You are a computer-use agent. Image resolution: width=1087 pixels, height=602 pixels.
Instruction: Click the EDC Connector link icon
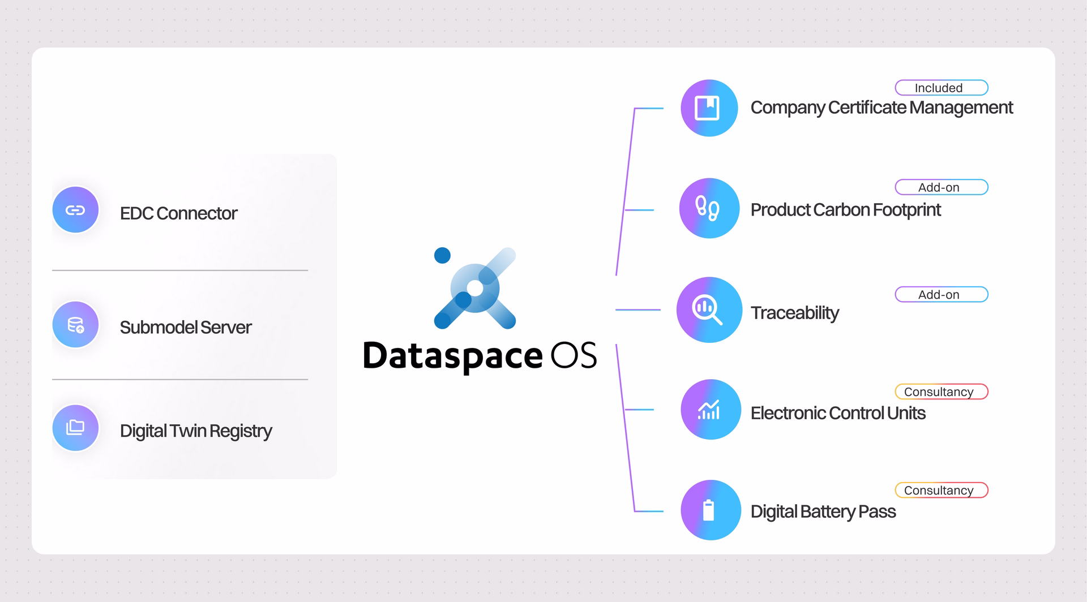(75, 210)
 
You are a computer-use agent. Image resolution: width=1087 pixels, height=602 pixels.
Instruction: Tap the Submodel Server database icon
(75, 325)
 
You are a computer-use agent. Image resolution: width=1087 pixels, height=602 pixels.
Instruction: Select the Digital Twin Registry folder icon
(75, 428)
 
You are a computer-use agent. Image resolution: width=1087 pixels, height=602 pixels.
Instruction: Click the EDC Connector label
(178, 213)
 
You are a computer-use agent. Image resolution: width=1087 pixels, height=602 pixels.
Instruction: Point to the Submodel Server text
(186, 328)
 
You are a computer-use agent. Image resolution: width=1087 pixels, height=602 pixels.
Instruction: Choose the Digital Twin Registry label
(196, 431)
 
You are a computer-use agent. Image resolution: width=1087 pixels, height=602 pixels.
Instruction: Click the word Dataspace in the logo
(452, 356)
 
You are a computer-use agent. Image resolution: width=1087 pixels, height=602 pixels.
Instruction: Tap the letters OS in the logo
(574, 355)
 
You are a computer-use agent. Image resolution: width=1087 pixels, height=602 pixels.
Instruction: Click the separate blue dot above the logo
(442, 256)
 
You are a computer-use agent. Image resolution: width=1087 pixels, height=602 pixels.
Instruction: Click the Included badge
(942, 88)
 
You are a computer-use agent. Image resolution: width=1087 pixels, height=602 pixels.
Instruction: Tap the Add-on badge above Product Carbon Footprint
(942, 187)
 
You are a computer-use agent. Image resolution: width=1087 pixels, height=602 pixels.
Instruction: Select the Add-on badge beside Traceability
(942, 295)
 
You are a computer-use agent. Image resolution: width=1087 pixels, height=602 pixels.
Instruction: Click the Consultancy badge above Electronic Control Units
(942, 392)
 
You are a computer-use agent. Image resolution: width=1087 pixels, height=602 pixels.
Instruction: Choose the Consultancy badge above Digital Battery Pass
(942, 490)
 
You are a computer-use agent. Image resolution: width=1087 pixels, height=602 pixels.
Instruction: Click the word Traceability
(794, 313)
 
